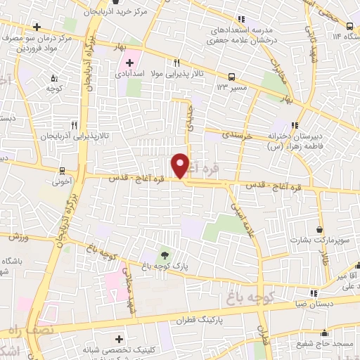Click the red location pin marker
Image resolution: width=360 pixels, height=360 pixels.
pos(181,165)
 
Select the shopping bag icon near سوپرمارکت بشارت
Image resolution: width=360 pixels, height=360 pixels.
pos(321,229)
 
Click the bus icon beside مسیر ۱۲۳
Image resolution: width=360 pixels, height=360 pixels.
pos(231,77)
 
